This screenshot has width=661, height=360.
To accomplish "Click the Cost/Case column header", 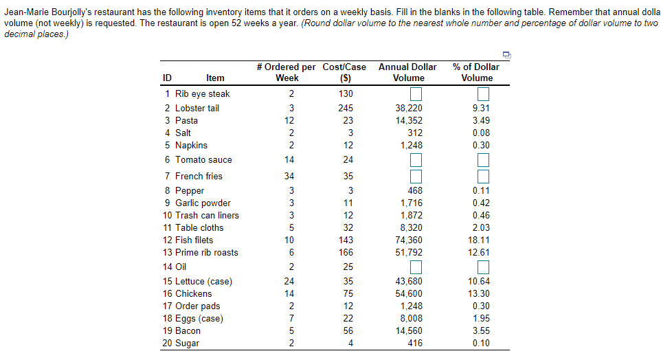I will [x=344, y=72].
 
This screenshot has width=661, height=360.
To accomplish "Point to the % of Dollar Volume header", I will [x=476, y=72].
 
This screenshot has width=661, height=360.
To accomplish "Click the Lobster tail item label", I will [x=197, y=108].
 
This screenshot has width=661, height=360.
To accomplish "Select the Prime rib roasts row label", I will [x=207, y=252].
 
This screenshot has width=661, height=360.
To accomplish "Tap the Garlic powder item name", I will [x=203, y=203].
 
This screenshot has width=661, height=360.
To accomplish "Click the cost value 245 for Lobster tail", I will [x=346, y=108].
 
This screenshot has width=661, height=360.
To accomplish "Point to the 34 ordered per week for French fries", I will [x=289, y=177].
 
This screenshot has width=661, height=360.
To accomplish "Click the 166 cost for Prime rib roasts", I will [x=346, y=252].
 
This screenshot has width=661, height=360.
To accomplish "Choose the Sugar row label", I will [x=187, y=343].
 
